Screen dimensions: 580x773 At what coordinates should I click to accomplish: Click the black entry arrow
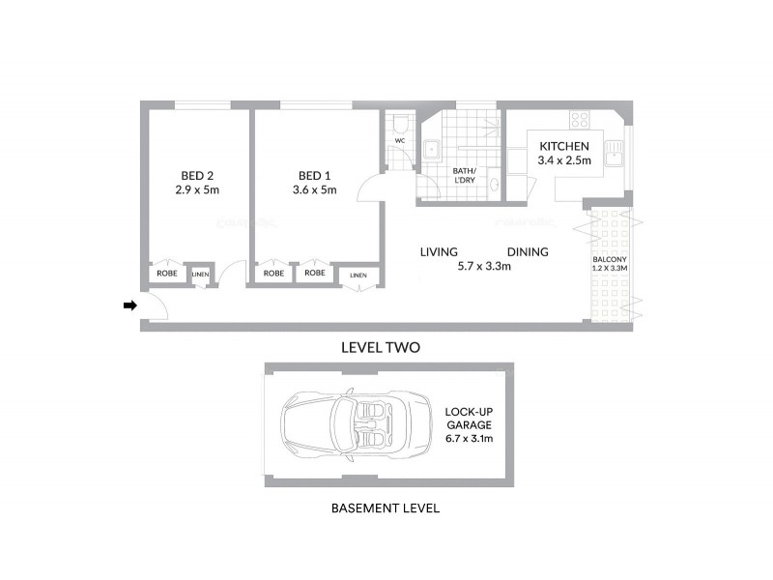(130, 306)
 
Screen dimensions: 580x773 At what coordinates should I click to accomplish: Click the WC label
(398, 141)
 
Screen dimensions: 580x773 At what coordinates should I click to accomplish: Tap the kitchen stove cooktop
(580, 121)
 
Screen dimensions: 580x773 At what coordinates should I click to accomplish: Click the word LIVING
(439, 252)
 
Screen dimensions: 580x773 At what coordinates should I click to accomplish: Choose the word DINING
(527, 252)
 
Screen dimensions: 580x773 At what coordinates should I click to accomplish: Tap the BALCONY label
(610, 260)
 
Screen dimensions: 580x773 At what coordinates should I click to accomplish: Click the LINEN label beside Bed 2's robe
(200, 275)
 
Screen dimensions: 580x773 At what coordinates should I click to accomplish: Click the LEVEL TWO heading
(381, 346)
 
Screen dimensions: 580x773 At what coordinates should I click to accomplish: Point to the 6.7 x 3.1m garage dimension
(469, 438)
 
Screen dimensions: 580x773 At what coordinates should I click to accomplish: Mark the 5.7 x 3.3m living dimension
(484, 267)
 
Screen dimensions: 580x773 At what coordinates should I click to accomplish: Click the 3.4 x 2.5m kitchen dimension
(564, 161)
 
